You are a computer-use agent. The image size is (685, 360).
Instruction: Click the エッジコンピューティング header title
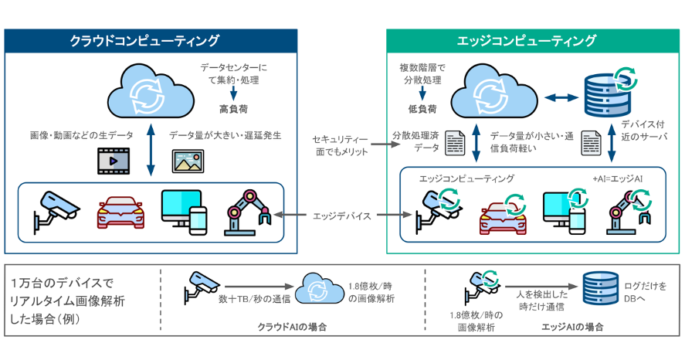pyautogui.click(x=533, y=41)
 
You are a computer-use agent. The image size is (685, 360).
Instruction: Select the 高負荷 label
pyautogui.click(x=232, y=109)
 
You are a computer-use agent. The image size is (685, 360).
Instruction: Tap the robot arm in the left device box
pyautogui.click(x=247, y=211)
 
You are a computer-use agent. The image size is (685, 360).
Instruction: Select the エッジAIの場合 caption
pyautogui.click(x=572, y=328)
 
